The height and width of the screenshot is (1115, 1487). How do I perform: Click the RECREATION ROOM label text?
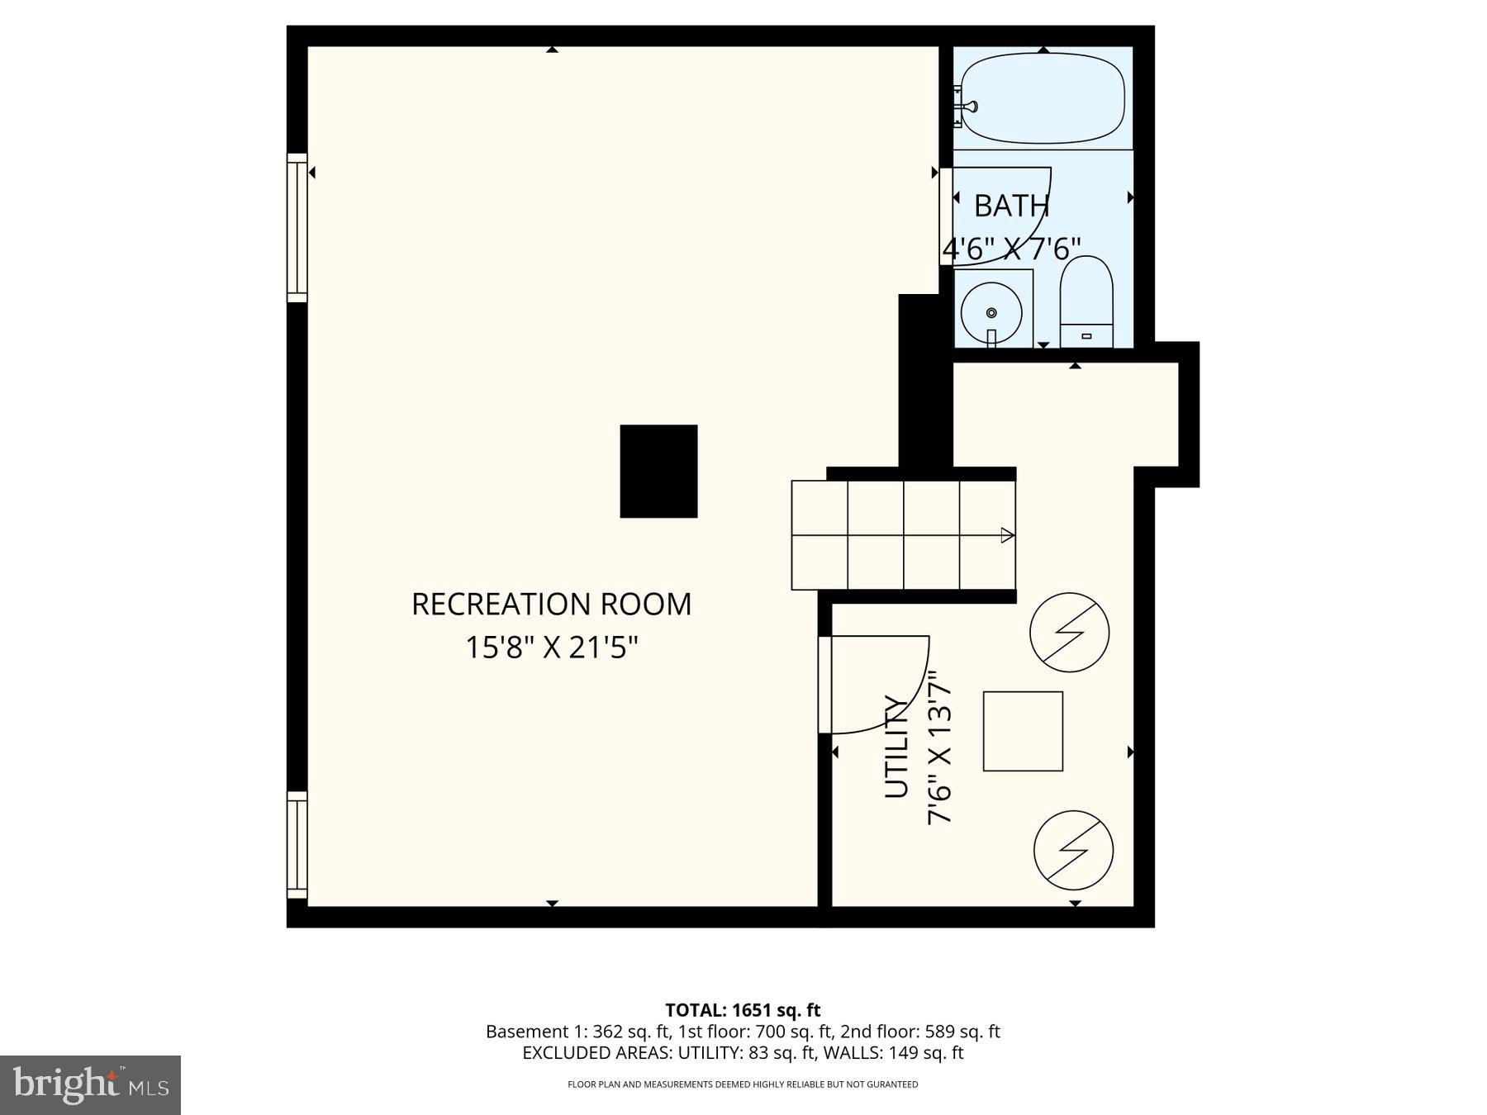pos(551,605)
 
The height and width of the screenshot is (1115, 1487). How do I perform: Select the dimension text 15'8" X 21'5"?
pos(552,648)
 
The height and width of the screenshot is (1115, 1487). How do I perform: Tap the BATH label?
pos(1011,206)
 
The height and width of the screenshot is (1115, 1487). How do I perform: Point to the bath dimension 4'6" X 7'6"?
pos(1012,249)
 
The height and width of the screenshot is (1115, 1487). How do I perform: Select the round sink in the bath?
pos(991,313)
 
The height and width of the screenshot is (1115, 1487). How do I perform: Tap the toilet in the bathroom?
pos(1086,302)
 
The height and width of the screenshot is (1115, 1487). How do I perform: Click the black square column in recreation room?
pos(658,472)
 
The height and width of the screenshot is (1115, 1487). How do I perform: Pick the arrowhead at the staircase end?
pos(1007,535)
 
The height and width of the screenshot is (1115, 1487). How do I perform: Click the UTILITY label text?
pos(896,747)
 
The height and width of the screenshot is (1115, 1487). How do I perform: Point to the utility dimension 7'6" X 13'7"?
pos(941,747)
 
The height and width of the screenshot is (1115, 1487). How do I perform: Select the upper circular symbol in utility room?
pos(1069,632)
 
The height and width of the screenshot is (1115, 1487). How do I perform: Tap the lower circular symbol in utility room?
pos(1073,850)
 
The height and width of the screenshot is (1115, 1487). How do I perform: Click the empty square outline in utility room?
pos(1023,731)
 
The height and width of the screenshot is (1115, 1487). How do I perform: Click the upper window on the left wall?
pos(297,227)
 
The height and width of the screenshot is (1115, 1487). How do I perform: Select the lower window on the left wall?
pos(297,845)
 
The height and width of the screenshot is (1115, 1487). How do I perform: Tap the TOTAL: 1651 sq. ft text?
pos(743,1010)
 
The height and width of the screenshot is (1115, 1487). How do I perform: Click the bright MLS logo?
pos(90,1084)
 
